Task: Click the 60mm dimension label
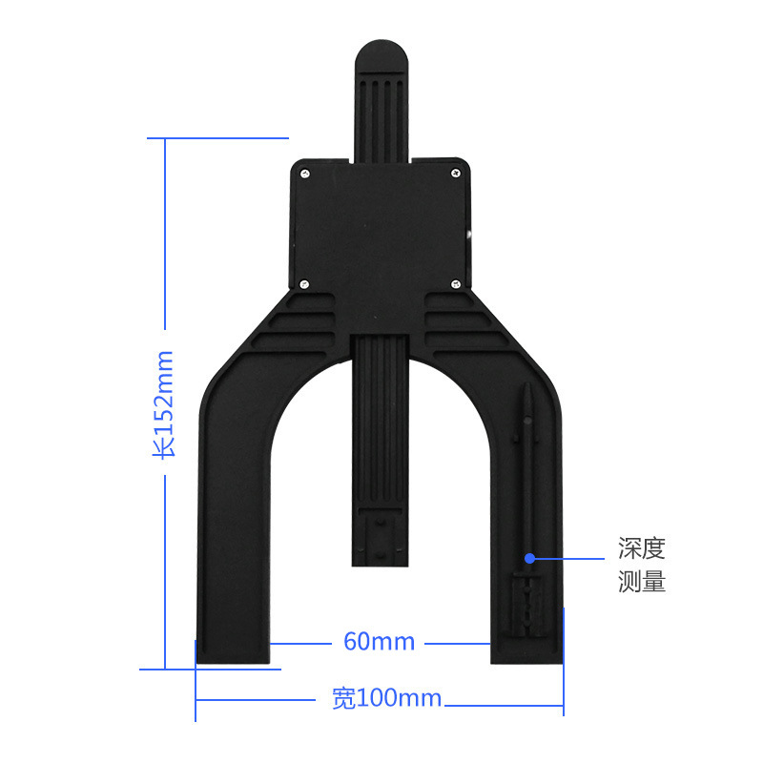pos(379,642)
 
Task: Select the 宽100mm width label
pos(386,699)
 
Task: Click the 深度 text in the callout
pos(641,549)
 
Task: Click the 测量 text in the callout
pos(641,582)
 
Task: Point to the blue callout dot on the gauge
pos(529,556)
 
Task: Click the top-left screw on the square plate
pos(304,173)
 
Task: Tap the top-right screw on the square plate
pos(456,173)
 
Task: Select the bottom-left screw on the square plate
pos(304,282)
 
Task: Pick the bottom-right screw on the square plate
pos(456,282)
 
